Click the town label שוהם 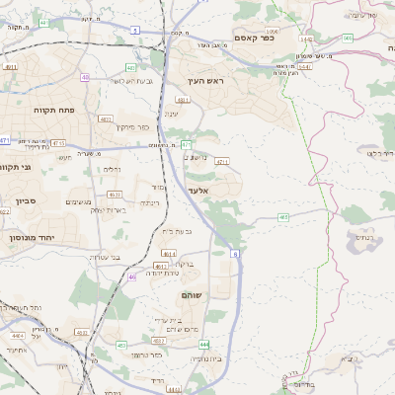pos(192,295)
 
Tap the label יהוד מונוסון pos(29,237)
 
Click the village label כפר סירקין pos(131,126)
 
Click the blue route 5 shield pos(133,31)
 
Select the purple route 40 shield pos(86,77)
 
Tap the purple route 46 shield pos(132,277)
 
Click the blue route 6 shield pos(236,254)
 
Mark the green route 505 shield pos(348,38)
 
